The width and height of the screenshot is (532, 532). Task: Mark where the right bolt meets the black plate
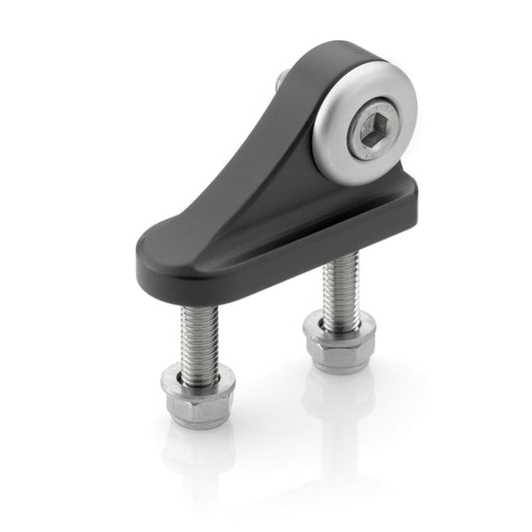tap(341, 256)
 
